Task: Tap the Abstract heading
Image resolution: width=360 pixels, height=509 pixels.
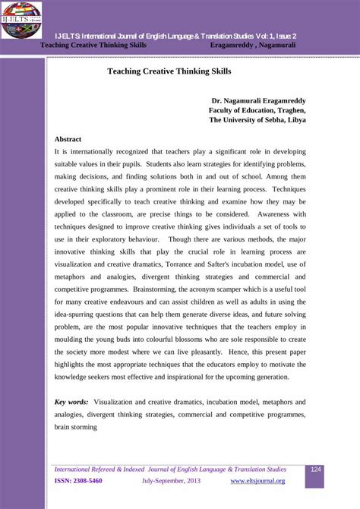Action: tap(68, 139)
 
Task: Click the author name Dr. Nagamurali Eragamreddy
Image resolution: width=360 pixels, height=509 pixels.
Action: tap(258, 100)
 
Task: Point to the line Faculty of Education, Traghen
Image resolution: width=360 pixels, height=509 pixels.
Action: tap(257, 110)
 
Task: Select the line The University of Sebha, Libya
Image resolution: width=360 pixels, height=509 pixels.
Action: tap(257, 120)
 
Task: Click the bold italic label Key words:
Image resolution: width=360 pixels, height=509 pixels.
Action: tap(71, 402)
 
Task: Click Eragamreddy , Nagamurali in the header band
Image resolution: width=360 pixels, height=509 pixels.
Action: tap(253, 46)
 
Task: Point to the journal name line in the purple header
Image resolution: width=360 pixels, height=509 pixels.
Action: tap(175, 36)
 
